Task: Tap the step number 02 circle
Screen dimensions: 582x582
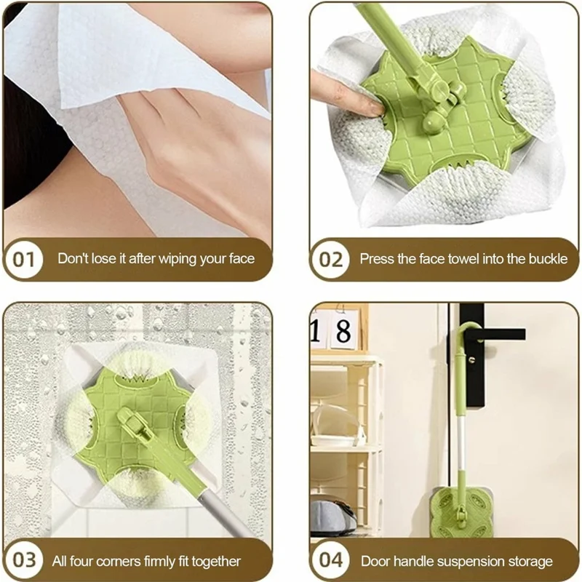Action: point(331,258)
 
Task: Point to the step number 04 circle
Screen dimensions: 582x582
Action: point(331,561)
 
